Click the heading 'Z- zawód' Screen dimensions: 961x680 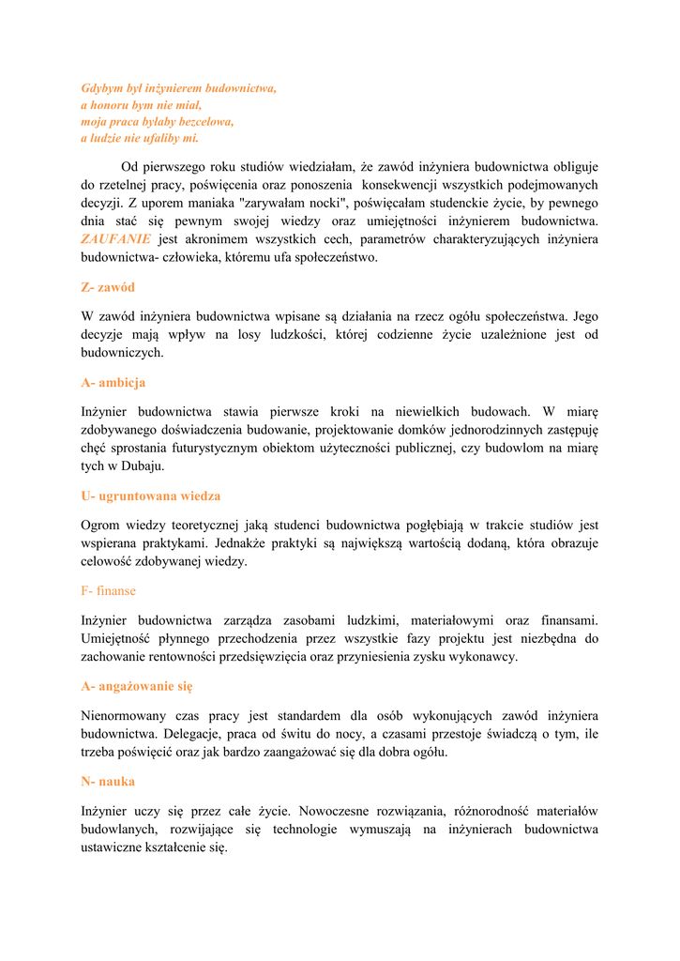click(x=108, y=287)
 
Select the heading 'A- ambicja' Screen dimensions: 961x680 click(x=113, y=383)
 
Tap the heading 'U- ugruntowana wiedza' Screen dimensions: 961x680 click(x=150, y=496)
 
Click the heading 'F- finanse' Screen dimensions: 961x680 click(x=108, y=590)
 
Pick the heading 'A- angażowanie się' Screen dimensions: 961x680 click(x=136, y=686)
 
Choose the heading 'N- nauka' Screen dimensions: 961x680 click(x=108, y=781)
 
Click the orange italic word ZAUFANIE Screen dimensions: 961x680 click(x=115, y=239)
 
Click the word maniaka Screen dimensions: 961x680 click(x=213, y=204)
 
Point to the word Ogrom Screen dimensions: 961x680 click(x=100, y=526)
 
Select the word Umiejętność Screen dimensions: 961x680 click(x=120, y=639)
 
